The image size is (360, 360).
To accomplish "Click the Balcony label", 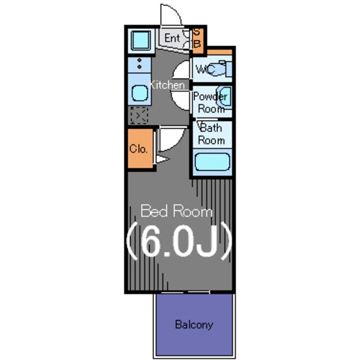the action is click(x=193, y=325).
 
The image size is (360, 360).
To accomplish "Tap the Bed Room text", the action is click(x=176, y=211).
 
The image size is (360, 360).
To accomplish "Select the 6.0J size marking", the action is click(x=179, y=241).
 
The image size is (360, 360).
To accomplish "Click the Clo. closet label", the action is click(x=138, y=148).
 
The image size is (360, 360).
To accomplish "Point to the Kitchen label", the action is click(x=167, y=85).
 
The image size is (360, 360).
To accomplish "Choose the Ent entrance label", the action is click(x=172, y=38).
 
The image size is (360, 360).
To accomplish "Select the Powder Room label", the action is click(x=210, y=102).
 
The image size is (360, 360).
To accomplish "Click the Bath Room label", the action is click(x=211, y=134).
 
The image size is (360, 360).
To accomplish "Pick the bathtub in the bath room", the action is click(x=212, y=162).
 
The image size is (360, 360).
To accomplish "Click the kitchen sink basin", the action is click(x=140, y=93).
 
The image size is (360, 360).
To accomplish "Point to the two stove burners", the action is click(x=139, y=64).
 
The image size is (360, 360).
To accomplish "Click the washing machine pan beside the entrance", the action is click(x=141, y=40).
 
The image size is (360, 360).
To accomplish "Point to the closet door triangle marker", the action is click(x=163, y=159).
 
